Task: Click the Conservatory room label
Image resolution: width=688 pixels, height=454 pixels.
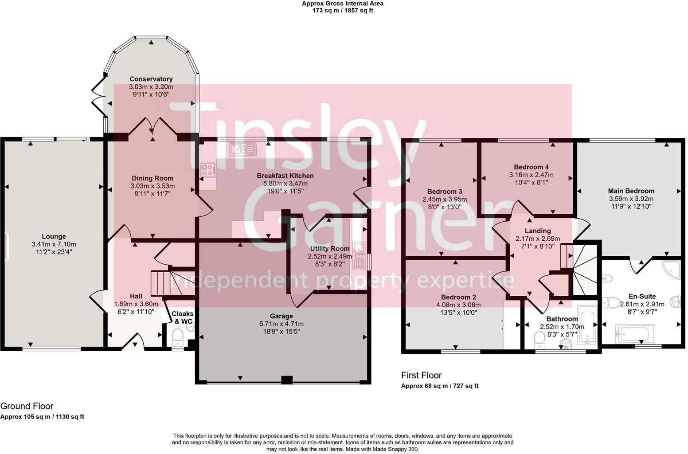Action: [x=151, y=79]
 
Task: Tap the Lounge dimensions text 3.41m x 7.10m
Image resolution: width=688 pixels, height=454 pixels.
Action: [x=54, y=244]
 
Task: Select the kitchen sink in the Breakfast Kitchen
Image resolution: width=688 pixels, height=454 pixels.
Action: [x=242, y=149]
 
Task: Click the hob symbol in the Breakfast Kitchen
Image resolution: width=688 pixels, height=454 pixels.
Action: [x=207, y=170]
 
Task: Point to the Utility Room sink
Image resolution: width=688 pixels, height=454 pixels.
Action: [x=358, y=255]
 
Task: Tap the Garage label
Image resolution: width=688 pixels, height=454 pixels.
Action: [x=281, y=316]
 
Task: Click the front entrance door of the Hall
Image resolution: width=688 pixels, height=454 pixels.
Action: [x=133, y=343]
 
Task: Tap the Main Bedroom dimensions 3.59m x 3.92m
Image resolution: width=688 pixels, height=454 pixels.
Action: [x=631, y=199]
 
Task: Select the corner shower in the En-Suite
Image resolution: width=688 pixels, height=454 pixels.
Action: [x=670, y=269]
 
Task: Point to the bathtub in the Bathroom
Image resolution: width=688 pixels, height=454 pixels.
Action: [x=588, y=327]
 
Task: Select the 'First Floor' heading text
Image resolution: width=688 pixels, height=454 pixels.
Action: [x=421, y=376]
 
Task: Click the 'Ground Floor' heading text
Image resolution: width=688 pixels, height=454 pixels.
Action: [x=27, y=406]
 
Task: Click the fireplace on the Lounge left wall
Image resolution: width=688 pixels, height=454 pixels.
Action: [x=6, y=247]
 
